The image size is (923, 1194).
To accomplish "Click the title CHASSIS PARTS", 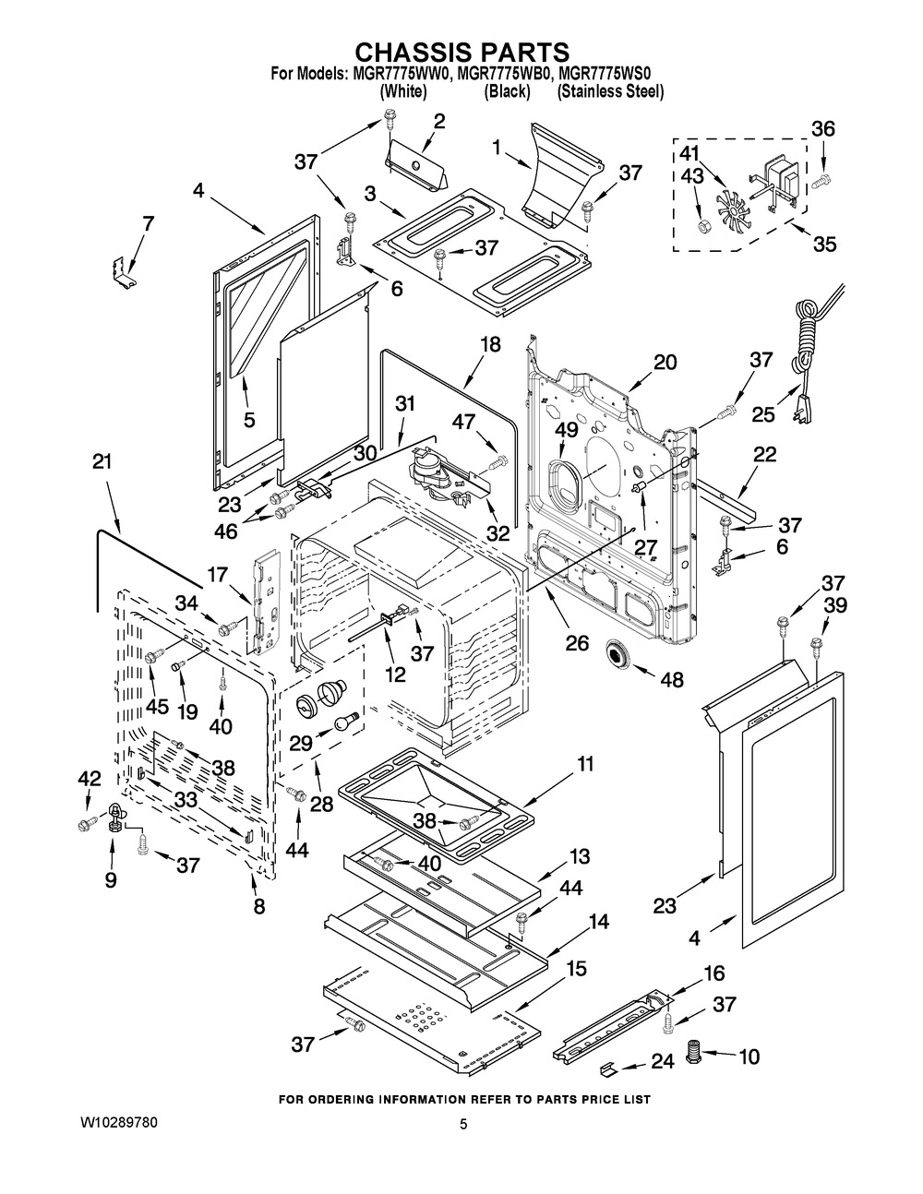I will click(461, 50).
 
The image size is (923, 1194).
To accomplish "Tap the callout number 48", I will click(671, 680).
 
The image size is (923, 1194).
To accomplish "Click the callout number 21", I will click(102, 461).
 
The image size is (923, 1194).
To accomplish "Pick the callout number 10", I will click(748, 1057).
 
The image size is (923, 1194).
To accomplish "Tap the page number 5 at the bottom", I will click(464, 1124).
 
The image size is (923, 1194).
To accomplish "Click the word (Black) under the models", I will click(507, 91).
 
